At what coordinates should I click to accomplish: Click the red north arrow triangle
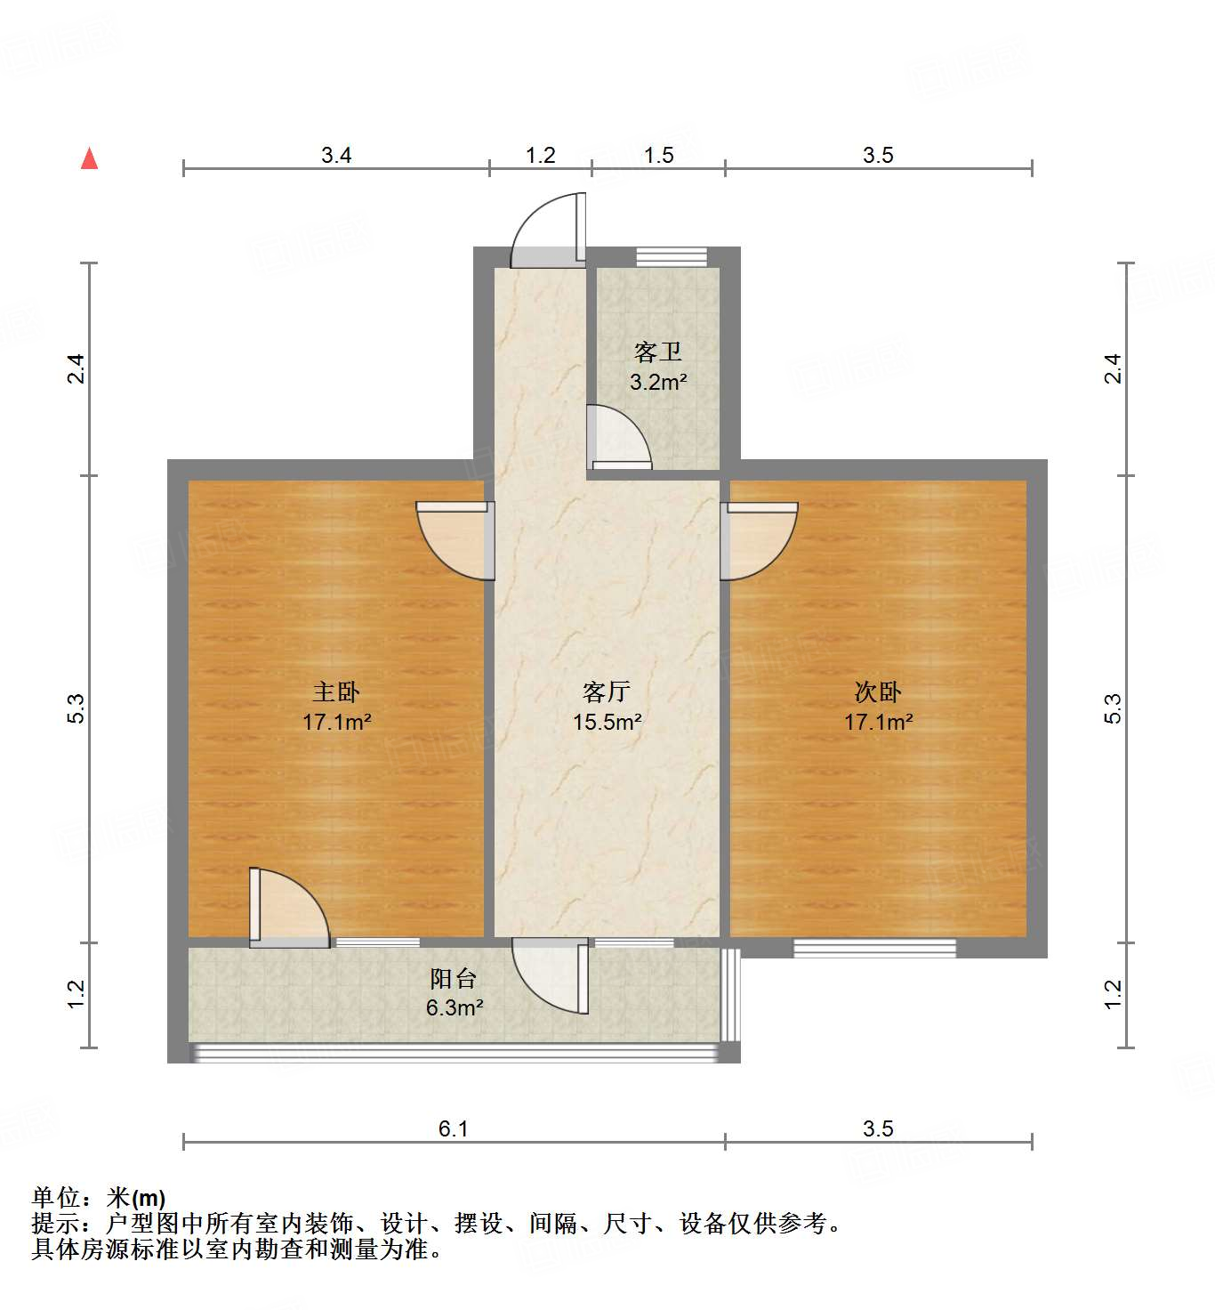click(89, 158)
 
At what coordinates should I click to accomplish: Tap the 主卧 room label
click(336, 691)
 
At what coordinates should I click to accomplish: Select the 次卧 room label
click(878, 691)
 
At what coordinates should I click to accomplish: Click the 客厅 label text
click(607, 691)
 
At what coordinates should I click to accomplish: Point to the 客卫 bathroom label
click(658, 352)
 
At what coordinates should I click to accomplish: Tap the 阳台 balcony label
click(454, 979)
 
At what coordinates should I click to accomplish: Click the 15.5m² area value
click(607, 722)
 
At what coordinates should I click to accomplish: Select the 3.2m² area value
click(658, 383)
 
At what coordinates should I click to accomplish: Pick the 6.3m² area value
click(454, 1008)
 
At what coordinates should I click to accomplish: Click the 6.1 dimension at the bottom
click(454, 1128)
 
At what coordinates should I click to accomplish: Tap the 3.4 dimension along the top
click(336, 156)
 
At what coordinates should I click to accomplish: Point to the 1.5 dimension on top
click(658, 156)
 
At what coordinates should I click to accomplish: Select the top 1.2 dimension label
click(540, 156)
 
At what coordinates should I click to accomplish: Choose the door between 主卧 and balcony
click(289, 906)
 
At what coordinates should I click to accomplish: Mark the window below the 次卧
click(874, 949)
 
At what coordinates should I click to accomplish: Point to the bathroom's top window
click(672, 256)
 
